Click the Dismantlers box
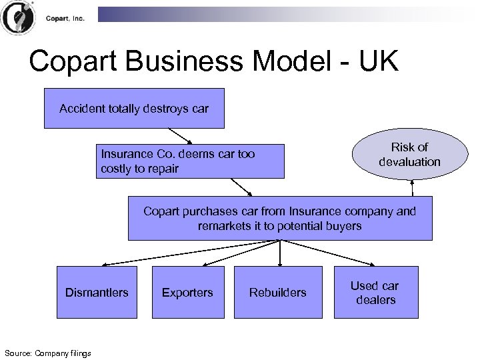97,292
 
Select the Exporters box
187,292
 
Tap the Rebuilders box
277,292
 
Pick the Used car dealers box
375,292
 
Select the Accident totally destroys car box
134,108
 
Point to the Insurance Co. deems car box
178,161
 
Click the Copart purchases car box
279,218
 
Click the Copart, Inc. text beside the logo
65,19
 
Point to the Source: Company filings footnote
47,353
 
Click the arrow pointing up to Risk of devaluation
413,187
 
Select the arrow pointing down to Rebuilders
280,253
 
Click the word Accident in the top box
80,108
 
